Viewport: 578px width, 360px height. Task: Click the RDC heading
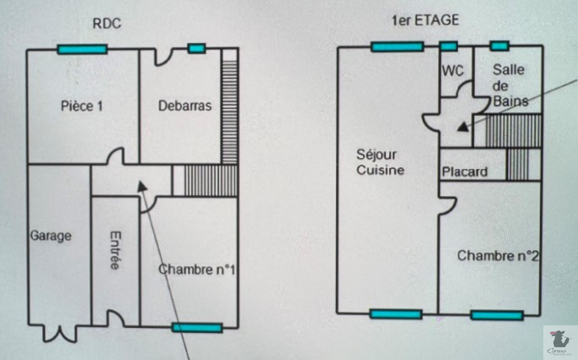click(x=107, y=23)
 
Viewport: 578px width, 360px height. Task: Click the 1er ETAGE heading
click(x=426, y=20)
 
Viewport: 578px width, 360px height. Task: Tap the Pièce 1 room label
click(x=82, y=106)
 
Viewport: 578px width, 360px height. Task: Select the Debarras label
click(x=185, y=106)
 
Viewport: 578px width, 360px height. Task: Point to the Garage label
click(x=51, y=236)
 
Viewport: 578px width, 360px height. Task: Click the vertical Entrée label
click(x=115, y=250)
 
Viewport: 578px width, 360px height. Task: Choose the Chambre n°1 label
click(x=197, y=269)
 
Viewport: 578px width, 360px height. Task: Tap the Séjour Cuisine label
click(x=380, y=162)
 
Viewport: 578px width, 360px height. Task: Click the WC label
click(x=453, y=70)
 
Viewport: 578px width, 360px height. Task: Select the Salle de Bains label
click(x=509, y=86)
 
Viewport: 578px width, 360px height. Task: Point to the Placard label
click(x=465, y=172)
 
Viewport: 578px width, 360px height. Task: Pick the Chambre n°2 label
click(x=497, y=256)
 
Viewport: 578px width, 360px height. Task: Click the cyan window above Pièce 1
click(x=82, y=49)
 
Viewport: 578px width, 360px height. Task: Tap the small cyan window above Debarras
click(x=197, y=48)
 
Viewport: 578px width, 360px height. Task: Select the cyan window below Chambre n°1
click(x=197, y=328)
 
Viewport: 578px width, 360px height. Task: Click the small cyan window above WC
click(x=449, y=47)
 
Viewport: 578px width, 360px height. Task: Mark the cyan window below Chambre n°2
click(x=497, y=316)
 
